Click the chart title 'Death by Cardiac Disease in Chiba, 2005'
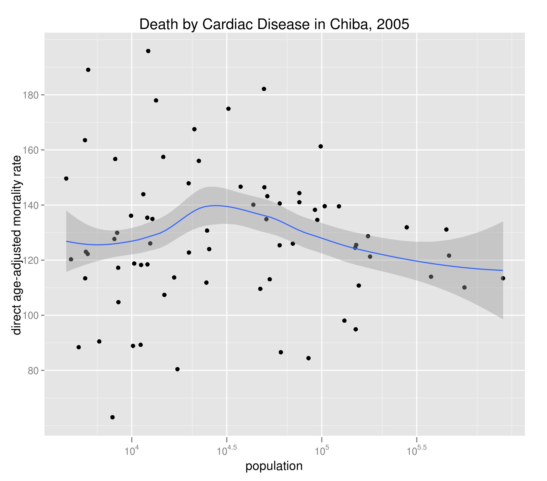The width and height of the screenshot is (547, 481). [274, 24]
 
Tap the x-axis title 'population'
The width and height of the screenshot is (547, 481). [274, 466]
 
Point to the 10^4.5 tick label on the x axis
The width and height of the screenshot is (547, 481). [226, 451]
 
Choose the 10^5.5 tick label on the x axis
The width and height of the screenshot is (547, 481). [416, 451]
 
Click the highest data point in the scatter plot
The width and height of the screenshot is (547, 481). [148, 51]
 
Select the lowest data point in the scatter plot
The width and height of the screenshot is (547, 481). [112, 417]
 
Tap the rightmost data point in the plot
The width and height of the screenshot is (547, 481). [503, 278]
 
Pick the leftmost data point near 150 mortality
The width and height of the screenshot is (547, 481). [66, 179]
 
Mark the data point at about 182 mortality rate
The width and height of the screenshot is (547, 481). [264, 89]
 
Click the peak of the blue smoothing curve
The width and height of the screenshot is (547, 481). [215, 205]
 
